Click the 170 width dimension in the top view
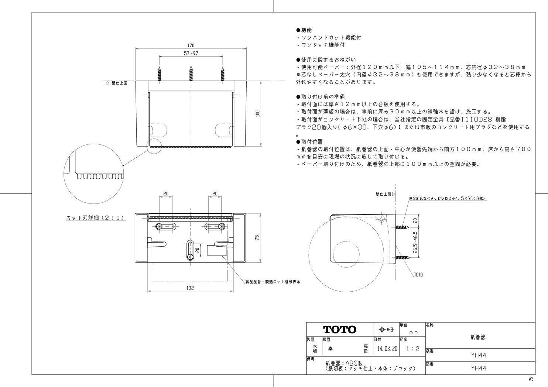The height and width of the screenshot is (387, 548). coord(191,45)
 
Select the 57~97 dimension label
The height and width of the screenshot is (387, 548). coord(191,54)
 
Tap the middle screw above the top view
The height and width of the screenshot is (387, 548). coord(191,74)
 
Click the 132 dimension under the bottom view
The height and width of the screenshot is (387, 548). coord(190,288)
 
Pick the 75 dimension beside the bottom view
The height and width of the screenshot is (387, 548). coord(258,238)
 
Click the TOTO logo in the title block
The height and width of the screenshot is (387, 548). coord(340,329)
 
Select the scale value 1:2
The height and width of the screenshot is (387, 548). coord(412,348)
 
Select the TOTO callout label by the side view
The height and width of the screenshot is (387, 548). coord(418,275)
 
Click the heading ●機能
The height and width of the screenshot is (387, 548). coord(304,30)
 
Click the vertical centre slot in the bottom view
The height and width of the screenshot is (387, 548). coord(191,251)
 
